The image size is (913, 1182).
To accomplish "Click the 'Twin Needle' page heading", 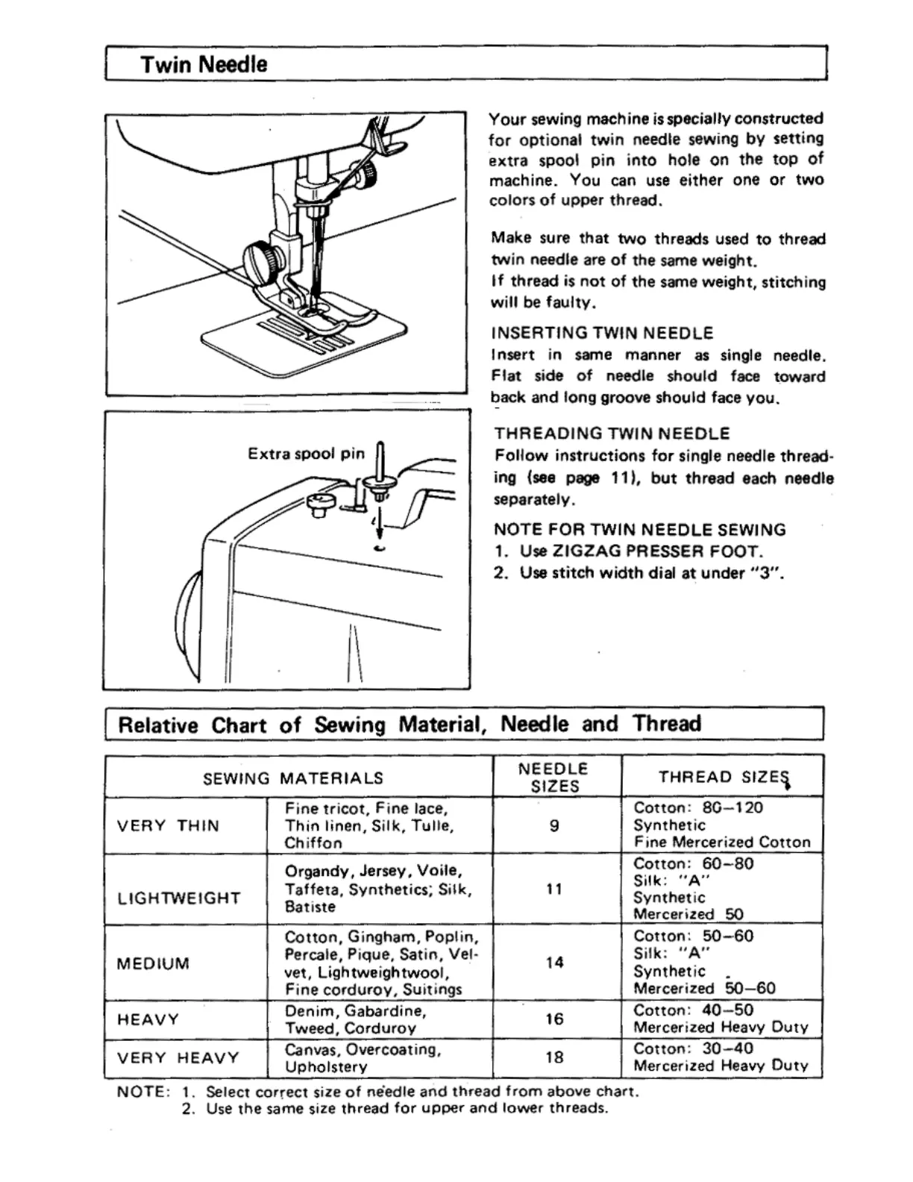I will (204, 64).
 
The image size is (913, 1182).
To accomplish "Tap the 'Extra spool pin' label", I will (306, 454).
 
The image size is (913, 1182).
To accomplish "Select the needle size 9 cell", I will (554, 826).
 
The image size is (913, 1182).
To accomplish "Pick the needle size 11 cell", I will (553, 889).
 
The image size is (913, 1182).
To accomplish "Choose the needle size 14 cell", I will (554, 963).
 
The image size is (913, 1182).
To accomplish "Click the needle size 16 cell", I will (554, 1019).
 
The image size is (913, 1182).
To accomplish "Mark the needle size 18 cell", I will (554, 1057).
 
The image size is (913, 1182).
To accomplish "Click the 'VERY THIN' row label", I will (168, 826).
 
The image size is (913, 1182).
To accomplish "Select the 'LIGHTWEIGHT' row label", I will (179, 898).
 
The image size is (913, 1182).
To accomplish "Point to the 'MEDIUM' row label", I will (153, 963).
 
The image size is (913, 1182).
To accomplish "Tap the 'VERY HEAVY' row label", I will (178, 1058).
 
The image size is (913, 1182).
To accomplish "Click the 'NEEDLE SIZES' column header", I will (553, 777).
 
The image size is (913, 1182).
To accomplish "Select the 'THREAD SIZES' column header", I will (722, 778).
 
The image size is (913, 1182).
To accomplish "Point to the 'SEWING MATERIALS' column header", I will (293, 778).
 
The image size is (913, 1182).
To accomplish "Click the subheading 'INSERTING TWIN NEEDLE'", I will (603, 333).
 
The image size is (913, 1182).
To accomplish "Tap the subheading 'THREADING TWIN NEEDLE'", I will (612, 434).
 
